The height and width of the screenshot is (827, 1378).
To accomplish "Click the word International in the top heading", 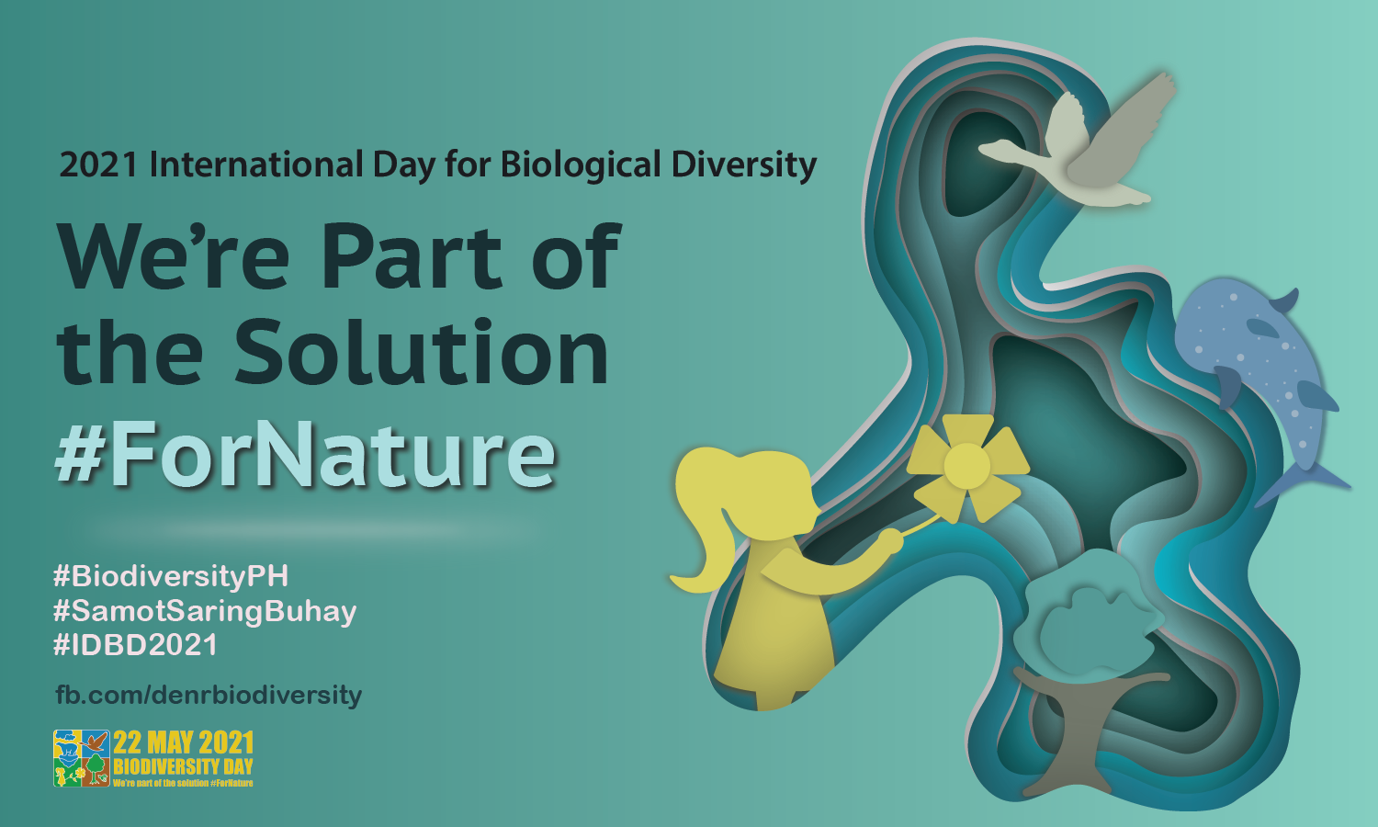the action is click(x=256, y=164).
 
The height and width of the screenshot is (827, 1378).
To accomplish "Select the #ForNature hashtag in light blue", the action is click(x=306, y=455).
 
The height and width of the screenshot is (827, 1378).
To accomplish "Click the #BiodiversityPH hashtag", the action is click(x=170, y=576).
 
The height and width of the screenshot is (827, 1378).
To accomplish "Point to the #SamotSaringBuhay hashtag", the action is click(x=205, y=611).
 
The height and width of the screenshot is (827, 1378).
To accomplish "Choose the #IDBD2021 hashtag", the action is click(x=135, y=645).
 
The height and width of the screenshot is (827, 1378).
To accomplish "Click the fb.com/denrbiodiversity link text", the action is click(x=209, y=696).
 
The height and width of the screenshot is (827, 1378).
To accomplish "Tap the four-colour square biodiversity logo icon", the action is click(x=82, y=758).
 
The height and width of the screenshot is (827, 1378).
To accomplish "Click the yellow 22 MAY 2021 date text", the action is click(x=184, y=742).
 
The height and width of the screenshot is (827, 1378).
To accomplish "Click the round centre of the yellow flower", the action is click(x=966, y=466).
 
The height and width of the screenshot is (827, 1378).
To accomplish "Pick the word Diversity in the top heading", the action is click(x=744, y=165).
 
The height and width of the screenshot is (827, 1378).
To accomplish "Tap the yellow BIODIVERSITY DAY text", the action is click(x=184, y=766).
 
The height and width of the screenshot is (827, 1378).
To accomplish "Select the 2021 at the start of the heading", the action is click(x=97, y=164).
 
